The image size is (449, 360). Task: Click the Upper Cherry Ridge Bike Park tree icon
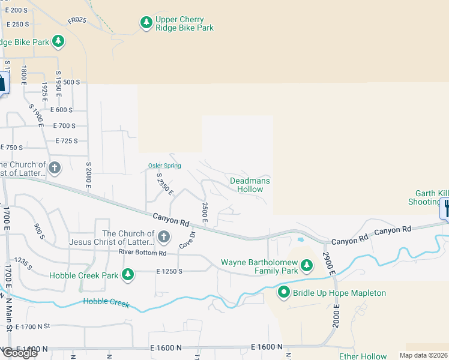tap(146, 23)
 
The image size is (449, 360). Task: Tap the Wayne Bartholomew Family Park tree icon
tap(307, 265)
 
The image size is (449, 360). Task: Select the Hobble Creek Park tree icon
tap(127, 275)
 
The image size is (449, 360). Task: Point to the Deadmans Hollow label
tap(250, 185)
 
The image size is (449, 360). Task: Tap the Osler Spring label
tap(164, 166)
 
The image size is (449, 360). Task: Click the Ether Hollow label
tap(363, 356)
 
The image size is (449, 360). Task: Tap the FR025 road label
tap(77, 20)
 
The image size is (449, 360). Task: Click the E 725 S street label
tap(67, 141)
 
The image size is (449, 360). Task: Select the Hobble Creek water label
tap(106, 302)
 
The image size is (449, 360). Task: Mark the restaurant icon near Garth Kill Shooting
tap(445, 208)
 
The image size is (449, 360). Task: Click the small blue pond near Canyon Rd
tap(300, 240)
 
